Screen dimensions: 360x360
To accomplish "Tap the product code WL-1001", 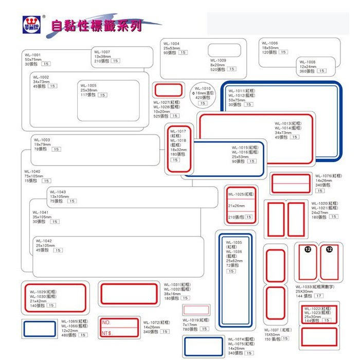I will point(32,55).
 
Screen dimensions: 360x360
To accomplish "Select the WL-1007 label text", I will point(102,52).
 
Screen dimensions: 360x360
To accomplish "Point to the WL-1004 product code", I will point(171,44).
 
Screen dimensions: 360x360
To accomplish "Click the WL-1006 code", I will point(269,43).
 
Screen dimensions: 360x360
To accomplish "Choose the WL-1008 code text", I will point(308,62).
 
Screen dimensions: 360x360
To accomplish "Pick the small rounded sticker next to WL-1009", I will point(225,50).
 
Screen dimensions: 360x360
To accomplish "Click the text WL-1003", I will point(42,139).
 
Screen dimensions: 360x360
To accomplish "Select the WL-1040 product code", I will point(32,171).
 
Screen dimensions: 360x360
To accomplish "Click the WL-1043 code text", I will point(58,192).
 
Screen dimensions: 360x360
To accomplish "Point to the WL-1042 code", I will point(44,240).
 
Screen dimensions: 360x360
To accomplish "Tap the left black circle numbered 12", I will point(308,249).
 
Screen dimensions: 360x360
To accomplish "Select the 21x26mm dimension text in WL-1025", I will point(236,206).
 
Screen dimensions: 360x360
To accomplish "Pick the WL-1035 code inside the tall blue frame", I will point(233,242).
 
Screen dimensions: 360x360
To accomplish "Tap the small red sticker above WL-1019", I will point(196,310).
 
